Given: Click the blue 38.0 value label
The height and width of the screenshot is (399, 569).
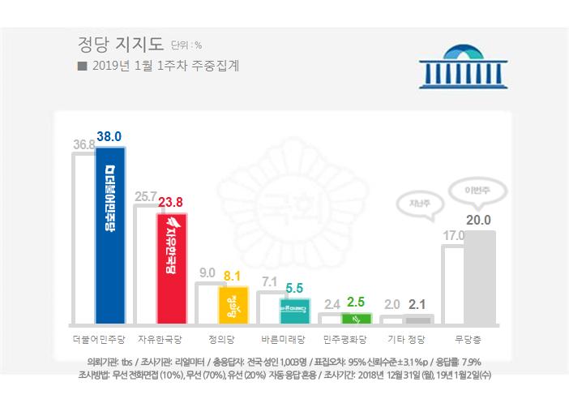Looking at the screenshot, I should [109, 138].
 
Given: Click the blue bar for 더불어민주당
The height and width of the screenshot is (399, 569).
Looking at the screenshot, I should [109, 235].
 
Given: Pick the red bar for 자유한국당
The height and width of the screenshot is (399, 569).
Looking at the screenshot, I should [171, 268].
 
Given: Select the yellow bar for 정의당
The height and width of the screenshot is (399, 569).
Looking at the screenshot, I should [233, 305].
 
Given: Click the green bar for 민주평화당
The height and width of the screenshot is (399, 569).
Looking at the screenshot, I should [356, 317].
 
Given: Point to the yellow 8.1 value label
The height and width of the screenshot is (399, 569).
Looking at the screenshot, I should [233, 276].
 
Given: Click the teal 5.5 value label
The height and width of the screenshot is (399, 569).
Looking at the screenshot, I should [294, 287].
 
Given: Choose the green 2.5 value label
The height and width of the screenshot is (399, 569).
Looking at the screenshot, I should [356, 302].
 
